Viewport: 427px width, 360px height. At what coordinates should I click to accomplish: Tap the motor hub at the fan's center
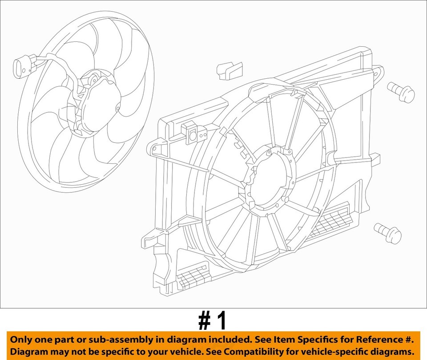[x=96, y=102]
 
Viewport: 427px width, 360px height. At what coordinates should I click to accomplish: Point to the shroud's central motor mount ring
[x=269, y=183]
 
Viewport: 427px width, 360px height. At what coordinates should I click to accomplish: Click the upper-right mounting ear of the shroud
[x=376, y=73]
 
